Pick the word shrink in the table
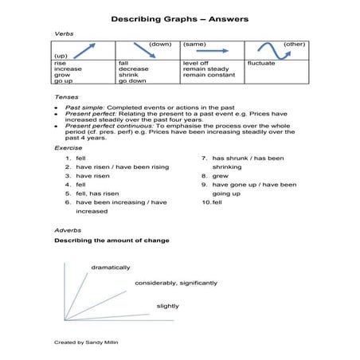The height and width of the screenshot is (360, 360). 128,75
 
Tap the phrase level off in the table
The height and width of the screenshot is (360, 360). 196,62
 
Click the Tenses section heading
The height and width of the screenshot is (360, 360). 65,96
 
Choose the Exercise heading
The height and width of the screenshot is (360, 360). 67,147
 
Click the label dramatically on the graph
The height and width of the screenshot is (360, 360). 111,267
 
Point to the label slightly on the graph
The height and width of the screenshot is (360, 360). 167,306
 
